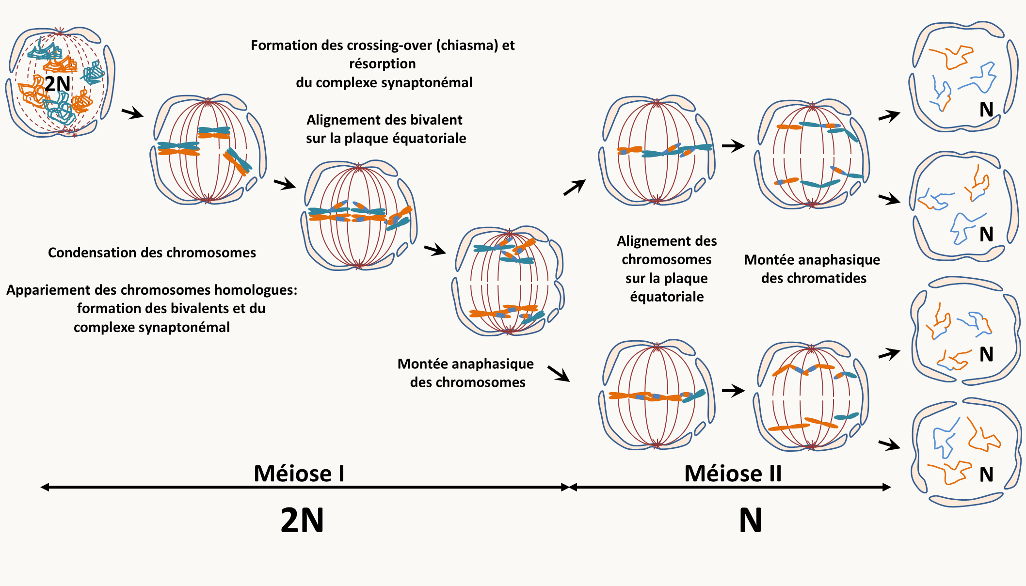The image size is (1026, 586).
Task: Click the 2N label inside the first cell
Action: click(57, 84)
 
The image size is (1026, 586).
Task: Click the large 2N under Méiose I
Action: click(302, 521)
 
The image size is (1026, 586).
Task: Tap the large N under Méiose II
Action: click(751, 521)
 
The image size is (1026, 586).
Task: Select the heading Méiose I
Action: click(299, 474)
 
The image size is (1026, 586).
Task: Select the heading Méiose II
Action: click(733, 474)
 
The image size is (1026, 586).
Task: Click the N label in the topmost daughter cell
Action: click(986, 110)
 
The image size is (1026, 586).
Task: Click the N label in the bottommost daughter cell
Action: click(986, 475)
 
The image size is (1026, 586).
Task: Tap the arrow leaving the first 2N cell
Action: click(132, 114)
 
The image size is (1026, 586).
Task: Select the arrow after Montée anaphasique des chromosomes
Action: click(559, 374)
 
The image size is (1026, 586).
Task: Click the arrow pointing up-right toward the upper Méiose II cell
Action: click(575, 187)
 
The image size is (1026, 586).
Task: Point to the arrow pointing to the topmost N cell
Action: click(889, 116)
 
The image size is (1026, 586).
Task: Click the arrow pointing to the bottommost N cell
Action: click(889, 444)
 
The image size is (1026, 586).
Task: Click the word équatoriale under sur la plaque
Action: click(667, 297)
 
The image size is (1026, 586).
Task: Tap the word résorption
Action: click(383, 64)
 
